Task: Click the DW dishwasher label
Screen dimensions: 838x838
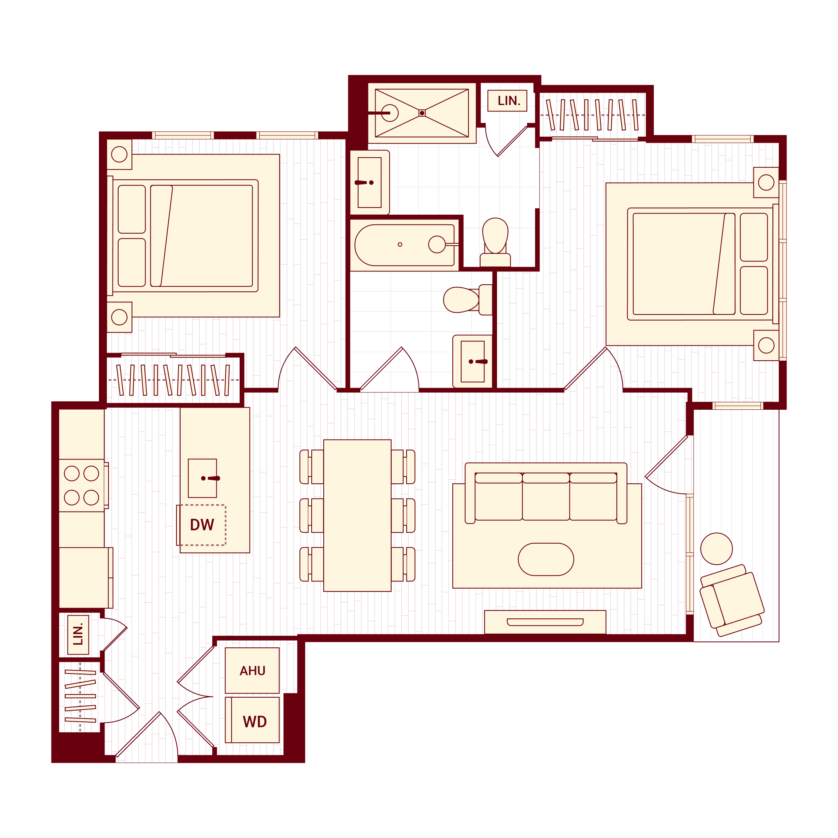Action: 202,525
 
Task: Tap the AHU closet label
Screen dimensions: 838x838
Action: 253,671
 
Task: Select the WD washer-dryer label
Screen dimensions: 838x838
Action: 255,722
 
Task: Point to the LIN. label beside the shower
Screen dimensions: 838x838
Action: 508,101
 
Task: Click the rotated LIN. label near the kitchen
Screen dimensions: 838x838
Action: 78,635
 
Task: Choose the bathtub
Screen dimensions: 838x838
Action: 404,245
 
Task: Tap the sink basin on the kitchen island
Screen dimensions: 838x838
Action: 202,478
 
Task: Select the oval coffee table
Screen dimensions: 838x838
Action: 546,559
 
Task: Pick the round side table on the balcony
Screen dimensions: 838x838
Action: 717,549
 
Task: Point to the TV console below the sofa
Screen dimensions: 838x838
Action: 545,622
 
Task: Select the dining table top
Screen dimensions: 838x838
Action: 357,515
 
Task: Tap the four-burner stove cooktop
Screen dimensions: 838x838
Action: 82,485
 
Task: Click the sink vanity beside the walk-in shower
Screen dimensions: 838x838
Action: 370,183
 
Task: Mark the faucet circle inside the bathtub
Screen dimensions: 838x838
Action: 436,244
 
